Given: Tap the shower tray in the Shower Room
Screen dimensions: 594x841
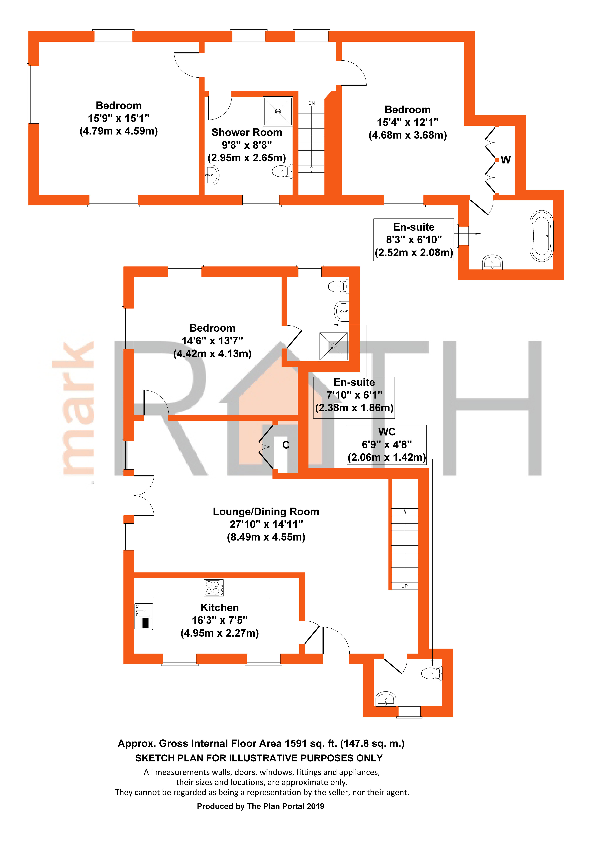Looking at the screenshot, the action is click(x=278, y=111).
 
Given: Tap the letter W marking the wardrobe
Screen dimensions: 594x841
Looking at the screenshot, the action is click(x=506, y=160).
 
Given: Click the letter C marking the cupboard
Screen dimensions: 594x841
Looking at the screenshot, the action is click(x=286, y=445).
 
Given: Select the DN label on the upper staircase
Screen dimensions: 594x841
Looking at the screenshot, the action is click(x=311, y=103).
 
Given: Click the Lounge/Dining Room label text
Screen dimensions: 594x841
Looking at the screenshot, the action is click(x=266, y=512).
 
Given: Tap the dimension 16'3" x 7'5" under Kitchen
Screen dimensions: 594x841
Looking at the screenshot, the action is click(x=220, y=620).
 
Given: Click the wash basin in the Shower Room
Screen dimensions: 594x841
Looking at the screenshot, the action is click(x=212, y=175).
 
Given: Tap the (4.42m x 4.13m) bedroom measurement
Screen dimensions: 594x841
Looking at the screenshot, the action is click(x=212, y=353).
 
